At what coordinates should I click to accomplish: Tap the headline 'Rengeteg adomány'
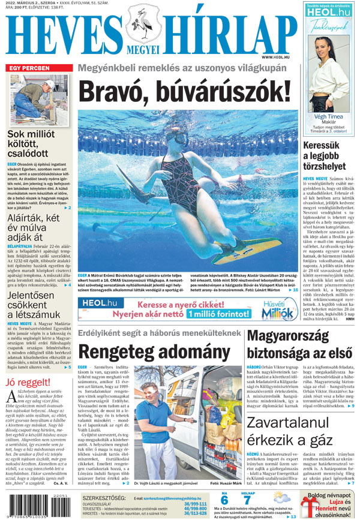tap(155, 351)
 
